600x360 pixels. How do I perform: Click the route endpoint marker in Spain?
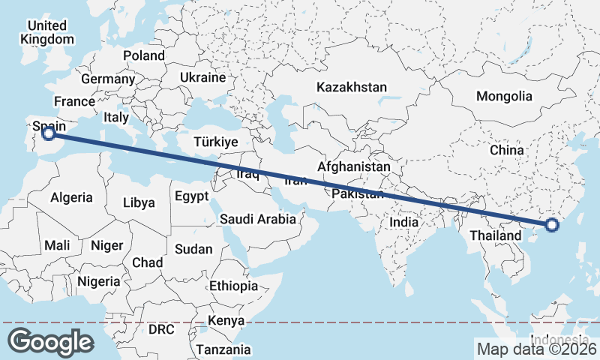(x=49, y=133)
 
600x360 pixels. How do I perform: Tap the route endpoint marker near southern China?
(x=552, y=224)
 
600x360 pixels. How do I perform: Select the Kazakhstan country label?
(x=352, y=87)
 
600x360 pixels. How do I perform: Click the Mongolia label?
(x=504, y=96)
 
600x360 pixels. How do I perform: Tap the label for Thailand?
(x=496, y=235)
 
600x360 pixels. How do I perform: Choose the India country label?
(x=404, y=222)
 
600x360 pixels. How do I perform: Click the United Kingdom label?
(x=46, y=32)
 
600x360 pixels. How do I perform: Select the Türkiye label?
(x=215, y=142)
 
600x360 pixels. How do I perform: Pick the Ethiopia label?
(x=233, y=286)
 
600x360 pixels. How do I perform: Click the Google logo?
(x=51, y=341)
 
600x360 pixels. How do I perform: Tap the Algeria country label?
(x=71, y=198)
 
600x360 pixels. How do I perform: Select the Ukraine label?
(x=202, y=77)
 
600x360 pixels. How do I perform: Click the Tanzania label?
(x=223, y=349)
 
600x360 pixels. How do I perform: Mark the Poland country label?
(x=144, y=55)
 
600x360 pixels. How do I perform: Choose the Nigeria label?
(x=98, y=281)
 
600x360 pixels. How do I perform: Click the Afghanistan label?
(x=354, y=166)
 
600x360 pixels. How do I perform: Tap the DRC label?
(x=160, y=329)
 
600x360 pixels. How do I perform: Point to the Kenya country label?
(x=226, y=321)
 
